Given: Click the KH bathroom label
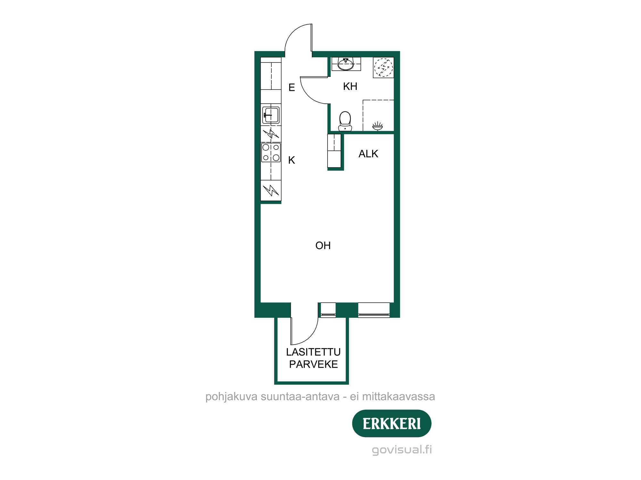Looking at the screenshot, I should [x=350, y=86].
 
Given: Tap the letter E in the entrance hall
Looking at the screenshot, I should [x=291, y=88].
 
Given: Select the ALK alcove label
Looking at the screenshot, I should [x=368, y=154].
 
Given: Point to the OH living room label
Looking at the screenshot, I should [x=323, y=245].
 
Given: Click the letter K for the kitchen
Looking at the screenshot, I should [x=291, y=160].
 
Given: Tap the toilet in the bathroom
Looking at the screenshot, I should [x=345, y=121].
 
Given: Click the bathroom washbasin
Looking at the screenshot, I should [x=346, y=64].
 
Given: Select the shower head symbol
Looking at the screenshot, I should [x=378, y=126].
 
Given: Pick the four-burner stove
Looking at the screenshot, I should [x=271, y=152].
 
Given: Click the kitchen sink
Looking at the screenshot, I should [x=271, y=115].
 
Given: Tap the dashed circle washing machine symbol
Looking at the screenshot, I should [x=383, y=68].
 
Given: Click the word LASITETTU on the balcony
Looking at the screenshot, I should [x=313, y=352].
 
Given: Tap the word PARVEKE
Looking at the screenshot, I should [x=313, y=364].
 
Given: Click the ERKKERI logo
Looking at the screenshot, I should [x=392, y=423].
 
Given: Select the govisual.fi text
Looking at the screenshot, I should [x=402, y=449].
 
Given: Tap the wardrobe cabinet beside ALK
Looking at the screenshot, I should [x=334, y=151].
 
